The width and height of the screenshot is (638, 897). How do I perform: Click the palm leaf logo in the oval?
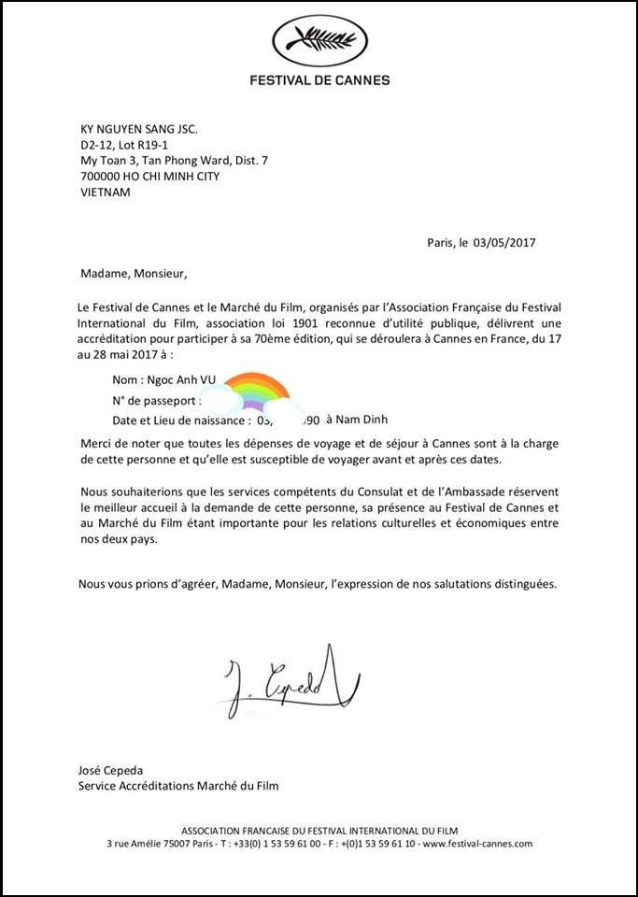click(319, 38)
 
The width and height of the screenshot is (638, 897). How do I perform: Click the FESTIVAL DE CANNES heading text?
click(319, 80)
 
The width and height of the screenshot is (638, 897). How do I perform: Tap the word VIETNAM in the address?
click(105, 192)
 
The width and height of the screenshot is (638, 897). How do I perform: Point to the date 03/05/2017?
click(504, 242)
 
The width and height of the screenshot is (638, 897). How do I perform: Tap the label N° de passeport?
click(156, 400)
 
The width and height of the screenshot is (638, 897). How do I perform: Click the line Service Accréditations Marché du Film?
click(178, 786)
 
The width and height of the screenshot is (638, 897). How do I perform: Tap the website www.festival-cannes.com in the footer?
click(477, 843)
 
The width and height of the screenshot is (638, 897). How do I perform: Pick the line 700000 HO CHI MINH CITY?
click(149, 177)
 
